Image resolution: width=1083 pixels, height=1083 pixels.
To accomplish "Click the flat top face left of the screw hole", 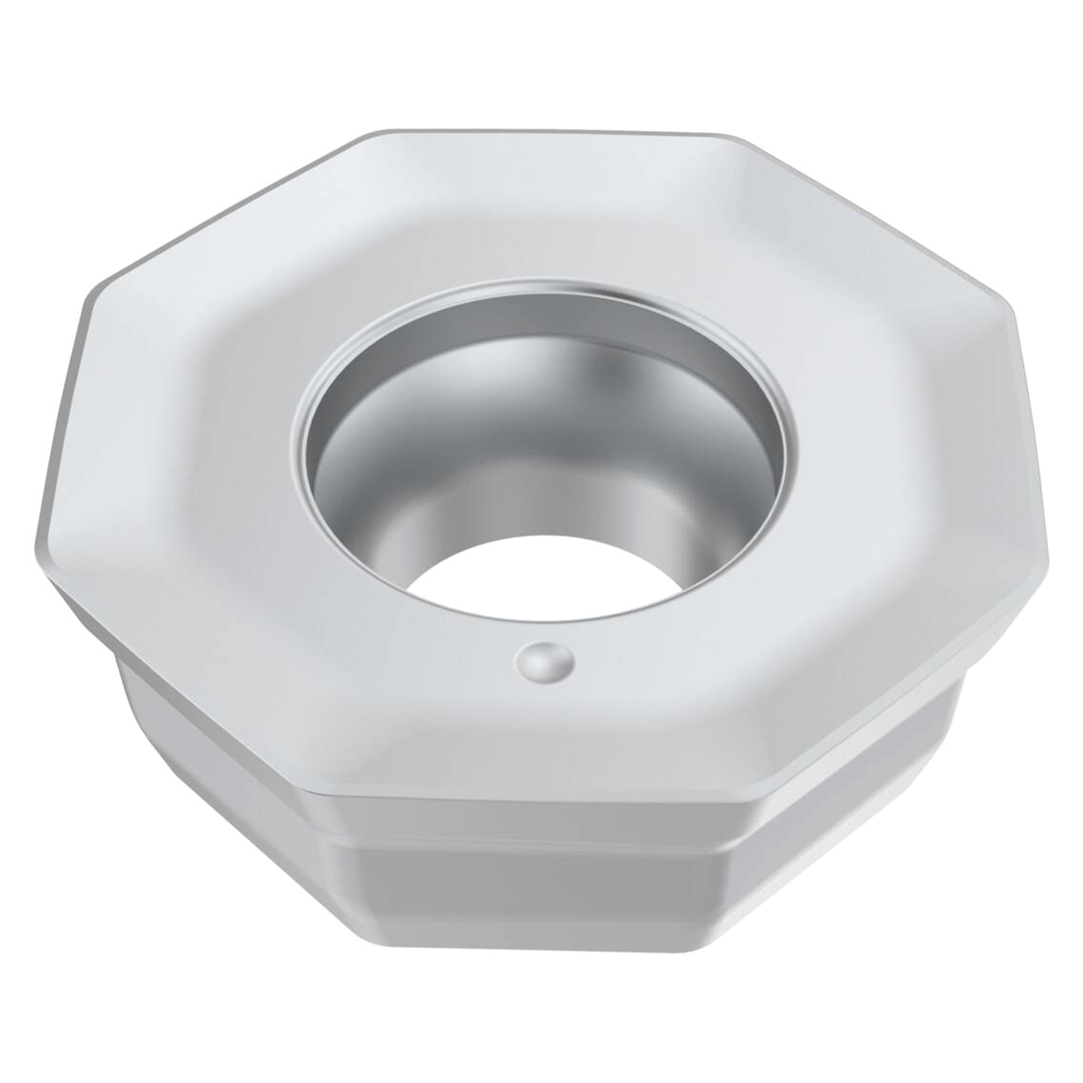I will pyautogui.click(x=186, y=474).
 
